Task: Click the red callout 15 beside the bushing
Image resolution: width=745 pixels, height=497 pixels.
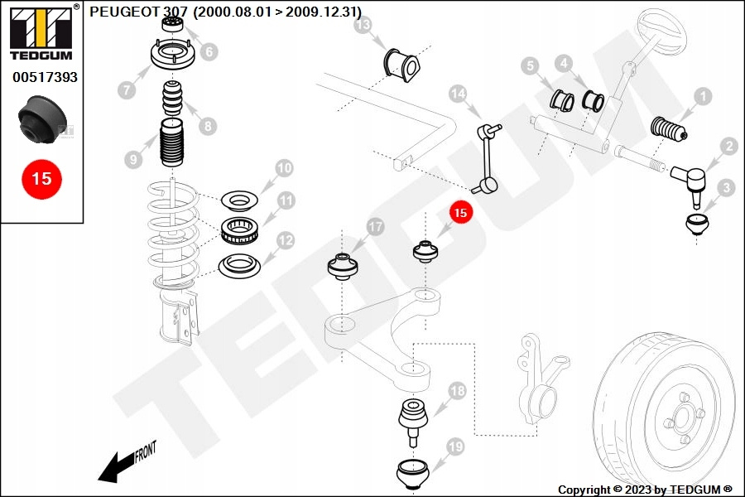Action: coord(460,212)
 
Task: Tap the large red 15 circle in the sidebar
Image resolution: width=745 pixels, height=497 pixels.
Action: coord(42,179)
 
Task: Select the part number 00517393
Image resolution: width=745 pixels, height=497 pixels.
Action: coord(45,77)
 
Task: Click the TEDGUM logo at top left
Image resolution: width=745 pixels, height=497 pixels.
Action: coord(42,33)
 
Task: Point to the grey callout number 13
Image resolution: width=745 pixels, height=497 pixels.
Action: coord(363,25)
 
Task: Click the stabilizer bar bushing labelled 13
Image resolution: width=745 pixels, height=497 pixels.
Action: coord(401,65)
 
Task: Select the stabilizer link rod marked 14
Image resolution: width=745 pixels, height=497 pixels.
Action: coord(487,158)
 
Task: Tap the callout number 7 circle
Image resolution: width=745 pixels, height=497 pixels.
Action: coord(127,89)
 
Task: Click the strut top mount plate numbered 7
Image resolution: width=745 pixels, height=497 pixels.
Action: coord(173,55)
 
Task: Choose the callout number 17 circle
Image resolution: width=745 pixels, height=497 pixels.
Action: coord(375,227)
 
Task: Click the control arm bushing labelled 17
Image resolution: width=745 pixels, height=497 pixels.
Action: coord(342,267)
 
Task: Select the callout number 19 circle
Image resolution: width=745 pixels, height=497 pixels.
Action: coord(455,447)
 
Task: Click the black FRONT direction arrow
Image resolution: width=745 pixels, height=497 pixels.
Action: coord(118,467)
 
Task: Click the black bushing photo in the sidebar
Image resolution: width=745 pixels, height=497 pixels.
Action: coord(42,119)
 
